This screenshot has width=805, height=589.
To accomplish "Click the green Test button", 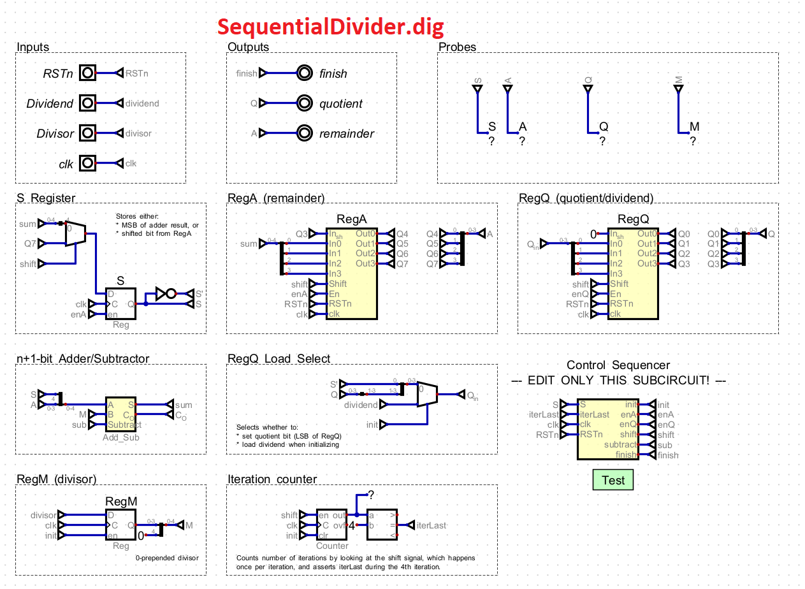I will pos(613,480).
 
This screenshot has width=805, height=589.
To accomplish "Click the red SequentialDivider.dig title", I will pos(330,27).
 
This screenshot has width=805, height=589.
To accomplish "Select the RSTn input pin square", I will pos(87,73).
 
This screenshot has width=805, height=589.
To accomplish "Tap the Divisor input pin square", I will pos(87,133).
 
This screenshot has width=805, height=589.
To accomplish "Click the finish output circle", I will pos(305,73).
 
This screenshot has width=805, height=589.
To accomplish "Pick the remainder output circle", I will pos(305,133).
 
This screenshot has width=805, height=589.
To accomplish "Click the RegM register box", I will pos(121,525).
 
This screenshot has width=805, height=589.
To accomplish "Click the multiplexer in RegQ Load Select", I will pos(426,395).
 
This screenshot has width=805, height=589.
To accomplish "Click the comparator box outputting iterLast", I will pos(382,525).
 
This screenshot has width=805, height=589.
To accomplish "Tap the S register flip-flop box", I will pos(121,304).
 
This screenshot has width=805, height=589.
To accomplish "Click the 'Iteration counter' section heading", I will pos(272,479).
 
